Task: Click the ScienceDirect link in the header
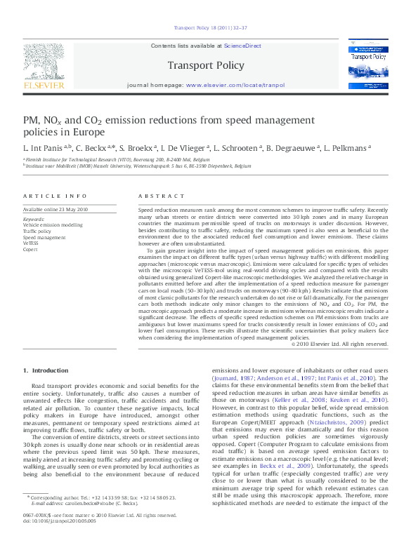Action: (242, 46)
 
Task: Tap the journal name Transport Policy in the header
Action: (206, 65)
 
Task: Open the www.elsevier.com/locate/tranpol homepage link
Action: (235, 84)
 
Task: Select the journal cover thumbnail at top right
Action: (367, 65)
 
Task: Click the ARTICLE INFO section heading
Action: (55, 196)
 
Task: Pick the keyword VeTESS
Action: (31, 243)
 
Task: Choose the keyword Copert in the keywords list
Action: (30, 249)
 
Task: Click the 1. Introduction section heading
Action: (46, 370)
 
